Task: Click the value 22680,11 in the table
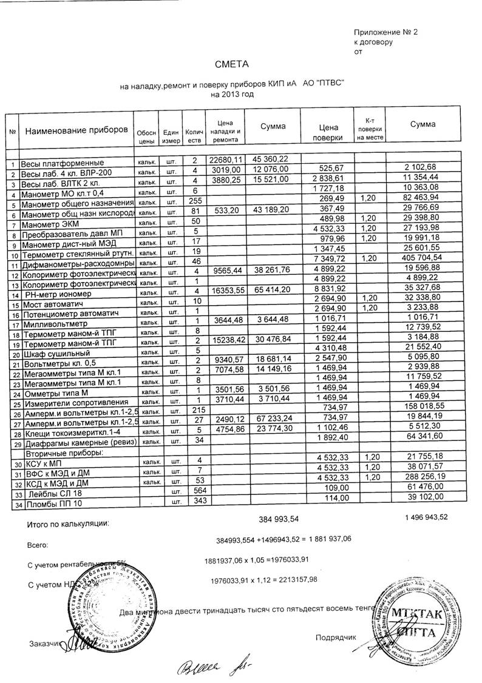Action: (225, 160)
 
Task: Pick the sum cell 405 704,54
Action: (422, 258)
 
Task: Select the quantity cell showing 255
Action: (195, 201)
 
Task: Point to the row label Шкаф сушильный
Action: (56, 353)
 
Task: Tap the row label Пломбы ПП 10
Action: (53, 503)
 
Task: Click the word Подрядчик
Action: (334, 637)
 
